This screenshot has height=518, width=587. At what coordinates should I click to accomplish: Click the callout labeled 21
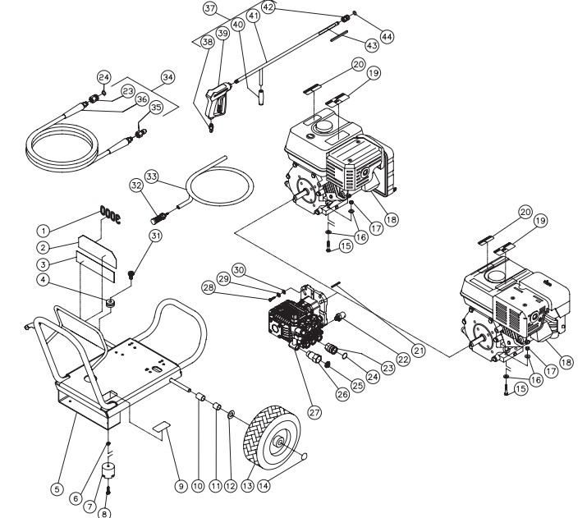click(419, 351)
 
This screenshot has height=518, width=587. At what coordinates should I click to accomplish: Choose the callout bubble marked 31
click(154, 236)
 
